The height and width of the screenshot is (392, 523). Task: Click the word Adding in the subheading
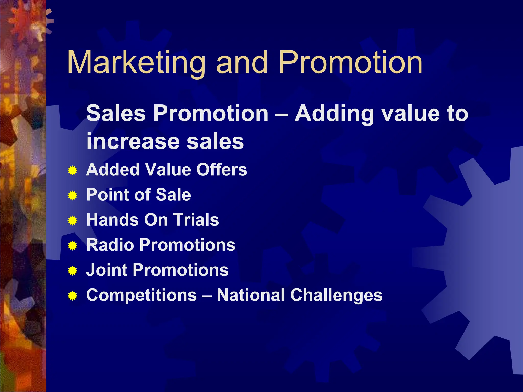[335, 114]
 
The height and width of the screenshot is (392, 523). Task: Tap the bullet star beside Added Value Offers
[73, 170]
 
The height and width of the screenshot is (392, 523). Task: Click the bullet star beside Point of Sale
[73, 195]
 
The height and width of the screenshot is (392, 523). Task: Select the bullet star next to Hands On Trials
[73, 220]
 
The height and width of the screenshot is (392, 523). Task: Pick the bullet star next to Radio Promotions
[73, 246]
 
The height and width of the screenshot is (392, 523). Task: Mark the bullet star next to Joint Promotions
[73, 271]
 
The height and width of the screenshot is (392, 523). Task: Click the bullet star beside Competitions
[73, 296]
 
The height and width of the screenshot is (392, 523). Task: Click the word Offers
[221, 169]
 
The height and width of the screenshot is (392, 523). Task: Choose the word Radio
[110, 245]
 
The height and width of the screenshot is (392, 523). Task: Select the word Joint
[106, 270]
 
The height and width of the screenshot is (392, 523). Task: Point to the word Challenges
[336, 295]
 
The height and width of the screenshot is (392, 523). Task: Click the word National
[251, 295]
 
